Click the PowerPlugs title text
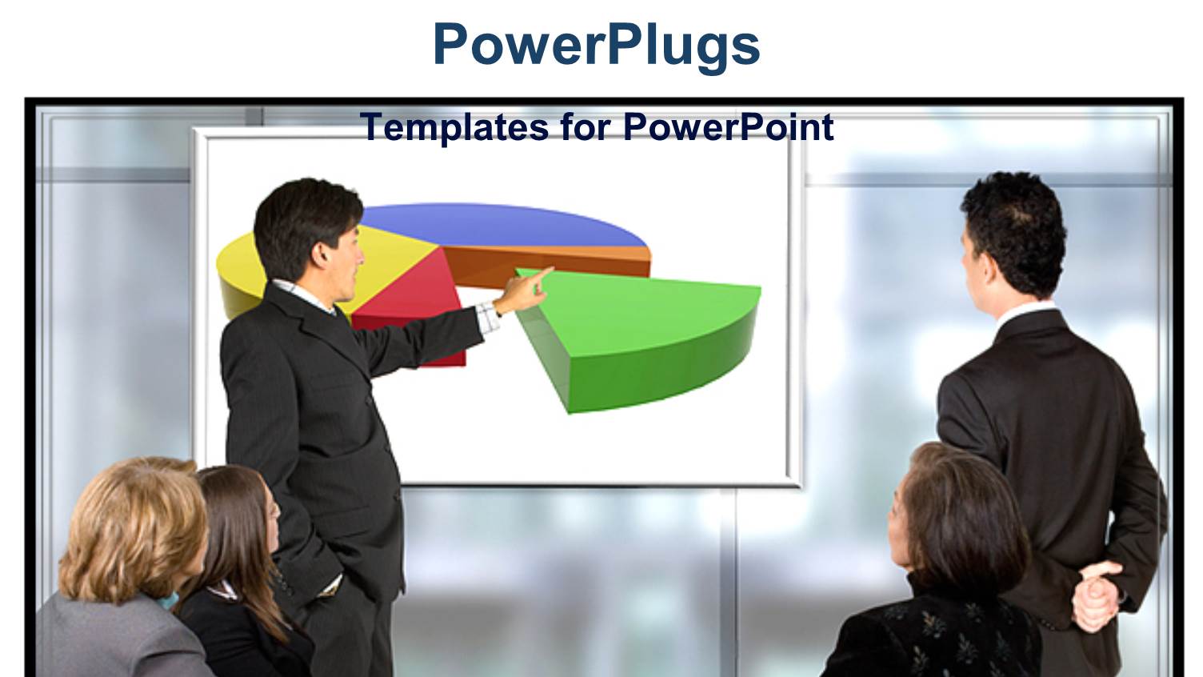coord(596,45)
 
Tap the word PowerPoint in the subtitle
coord(728,128)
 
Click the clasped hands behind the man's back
coord(1096,592)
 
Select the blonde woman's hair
coord(132,528)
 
